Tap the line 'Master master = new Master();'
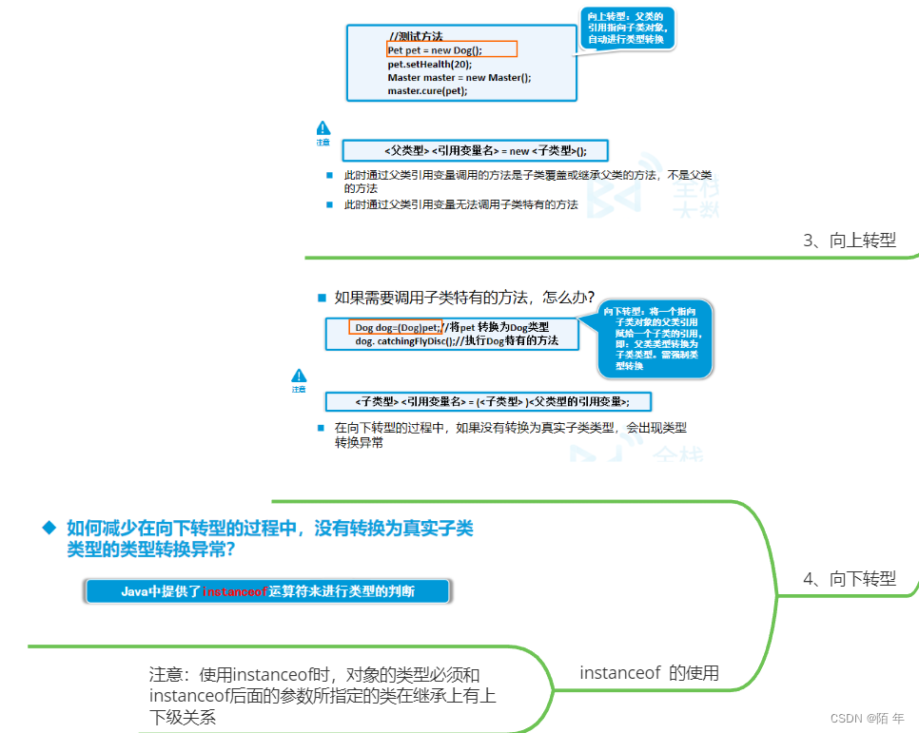459,77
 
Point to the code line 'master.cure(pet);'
427,90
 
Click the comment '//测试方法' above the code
415,36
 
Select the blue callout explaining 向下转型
655,338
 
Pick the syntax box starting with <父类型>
474,151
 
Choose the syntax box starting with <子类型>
492,400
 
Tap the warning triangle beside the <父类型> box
323,128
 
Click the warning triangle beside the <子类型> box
299,376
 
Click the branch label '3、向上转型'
850,241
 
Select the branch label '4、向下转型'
850,578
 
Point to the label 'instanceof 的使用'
649,673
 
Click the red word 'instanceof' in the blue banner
235,591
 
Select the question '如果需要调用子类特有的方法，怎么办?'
464,296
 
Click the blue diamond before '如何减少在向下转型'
49,528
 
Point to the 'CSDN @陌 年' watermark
867,718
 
